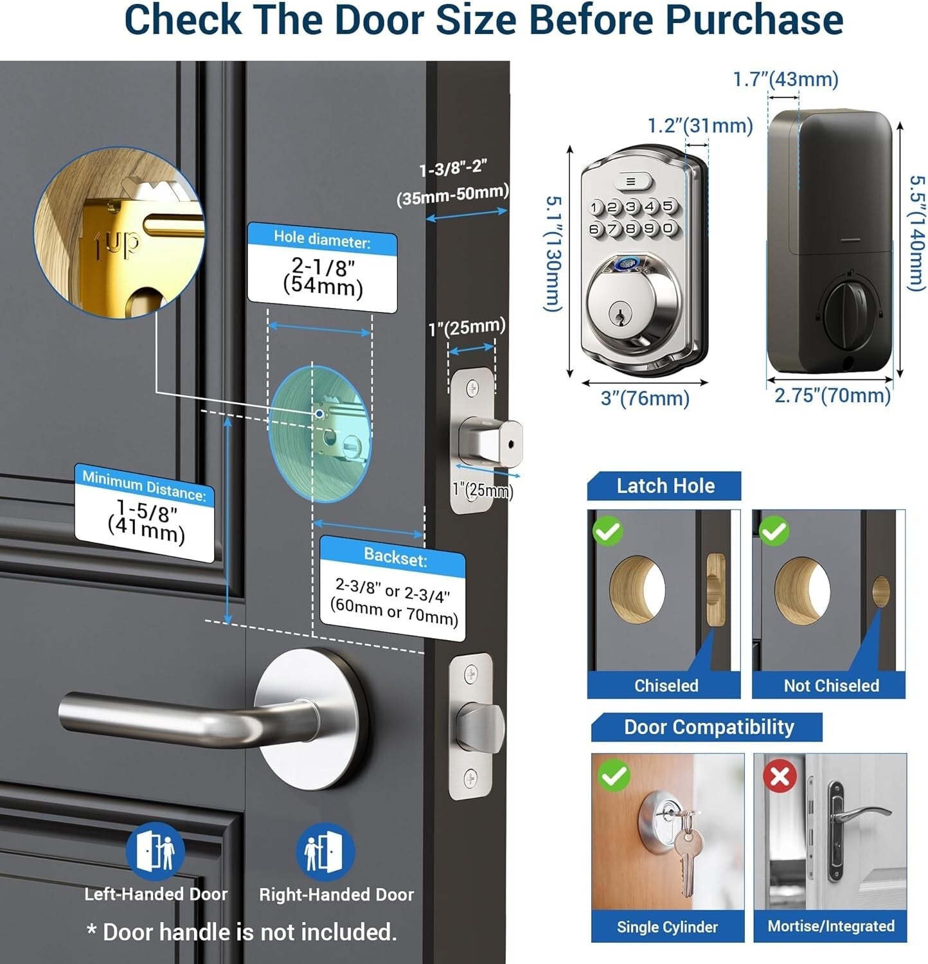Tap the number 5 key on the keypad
(x=668, y=206)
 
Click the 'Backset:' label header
(x=395, y=557)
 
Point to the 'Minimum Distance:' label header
(x=145, y=486)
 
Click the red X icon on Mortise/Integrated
(x=780, y=776)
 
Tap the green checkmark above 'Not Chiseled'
(x=774, y=531)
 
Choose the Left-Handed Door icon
(x=155, y=852)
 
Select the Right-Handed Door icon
(x=325, y=852)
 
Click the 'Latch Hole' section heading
(x=665, y=486)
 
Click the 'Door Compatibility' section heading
(x=709, y=727)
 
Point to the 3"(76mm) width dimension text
(x=645, y=398)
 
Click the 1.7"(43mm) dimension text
(x=785, y=80)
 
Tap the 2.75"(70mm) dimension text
(x=832, y=395)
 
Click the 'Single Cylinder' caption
(x=667, y=927)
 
